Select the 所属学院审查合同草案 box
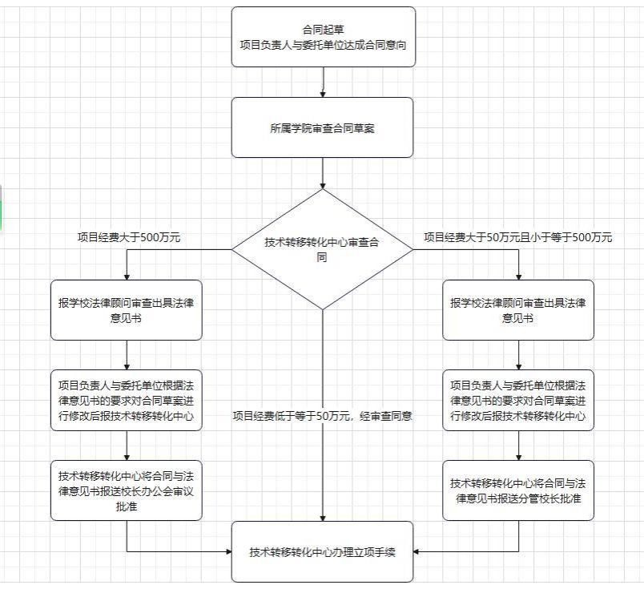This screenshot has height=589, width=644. pyautogui.click(x=323, y=127)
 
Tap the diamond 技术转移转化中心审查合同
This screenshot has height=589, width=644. pyautogui.click(x=323, y=249)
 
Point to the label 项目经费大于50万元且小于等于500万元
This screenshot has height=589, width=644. pyautogui.click(x=517, y=237)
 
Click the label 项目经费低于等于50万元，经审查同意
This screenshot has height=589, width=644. pyautogui.click(x=323, y=416)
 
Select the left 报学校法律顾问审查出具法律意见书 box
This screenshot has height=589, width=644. pyautogui.click(x=127, y=309)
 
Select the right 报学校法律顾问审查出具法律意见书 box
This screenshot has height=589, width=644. pyautogui.click(x=518, y=309)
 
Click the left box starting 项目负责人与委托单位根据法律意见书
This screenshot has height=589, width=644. pyautogui.click(x=127, y=400)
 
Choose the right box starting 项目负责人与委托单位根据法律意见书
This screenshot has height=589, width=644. pyautogui.click(x=518, y=400)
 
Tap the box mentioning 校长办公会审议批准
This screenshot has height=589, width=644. pyautogui.click(x=127, y=490)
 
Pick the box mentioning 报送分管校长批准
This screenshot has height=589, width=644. pyautogui.click(x=518, y=490)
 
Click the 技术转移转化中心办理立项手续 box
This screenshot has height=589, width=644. pyautogui.click(x=323, y=551)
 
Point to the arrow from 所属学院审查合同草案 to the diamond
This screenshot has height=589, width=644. pyautogui.click(x=323, y=172)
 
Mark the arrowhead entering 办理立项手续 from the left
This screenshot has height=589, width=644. pyautogui.click(x=227, y=551)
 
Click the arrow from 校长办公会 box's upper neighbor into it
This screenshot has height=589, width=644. pyautogui.click(x=127, y=445)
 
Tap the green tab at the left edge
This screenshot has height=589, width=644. pyautogui.click(x=2, y=208)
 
